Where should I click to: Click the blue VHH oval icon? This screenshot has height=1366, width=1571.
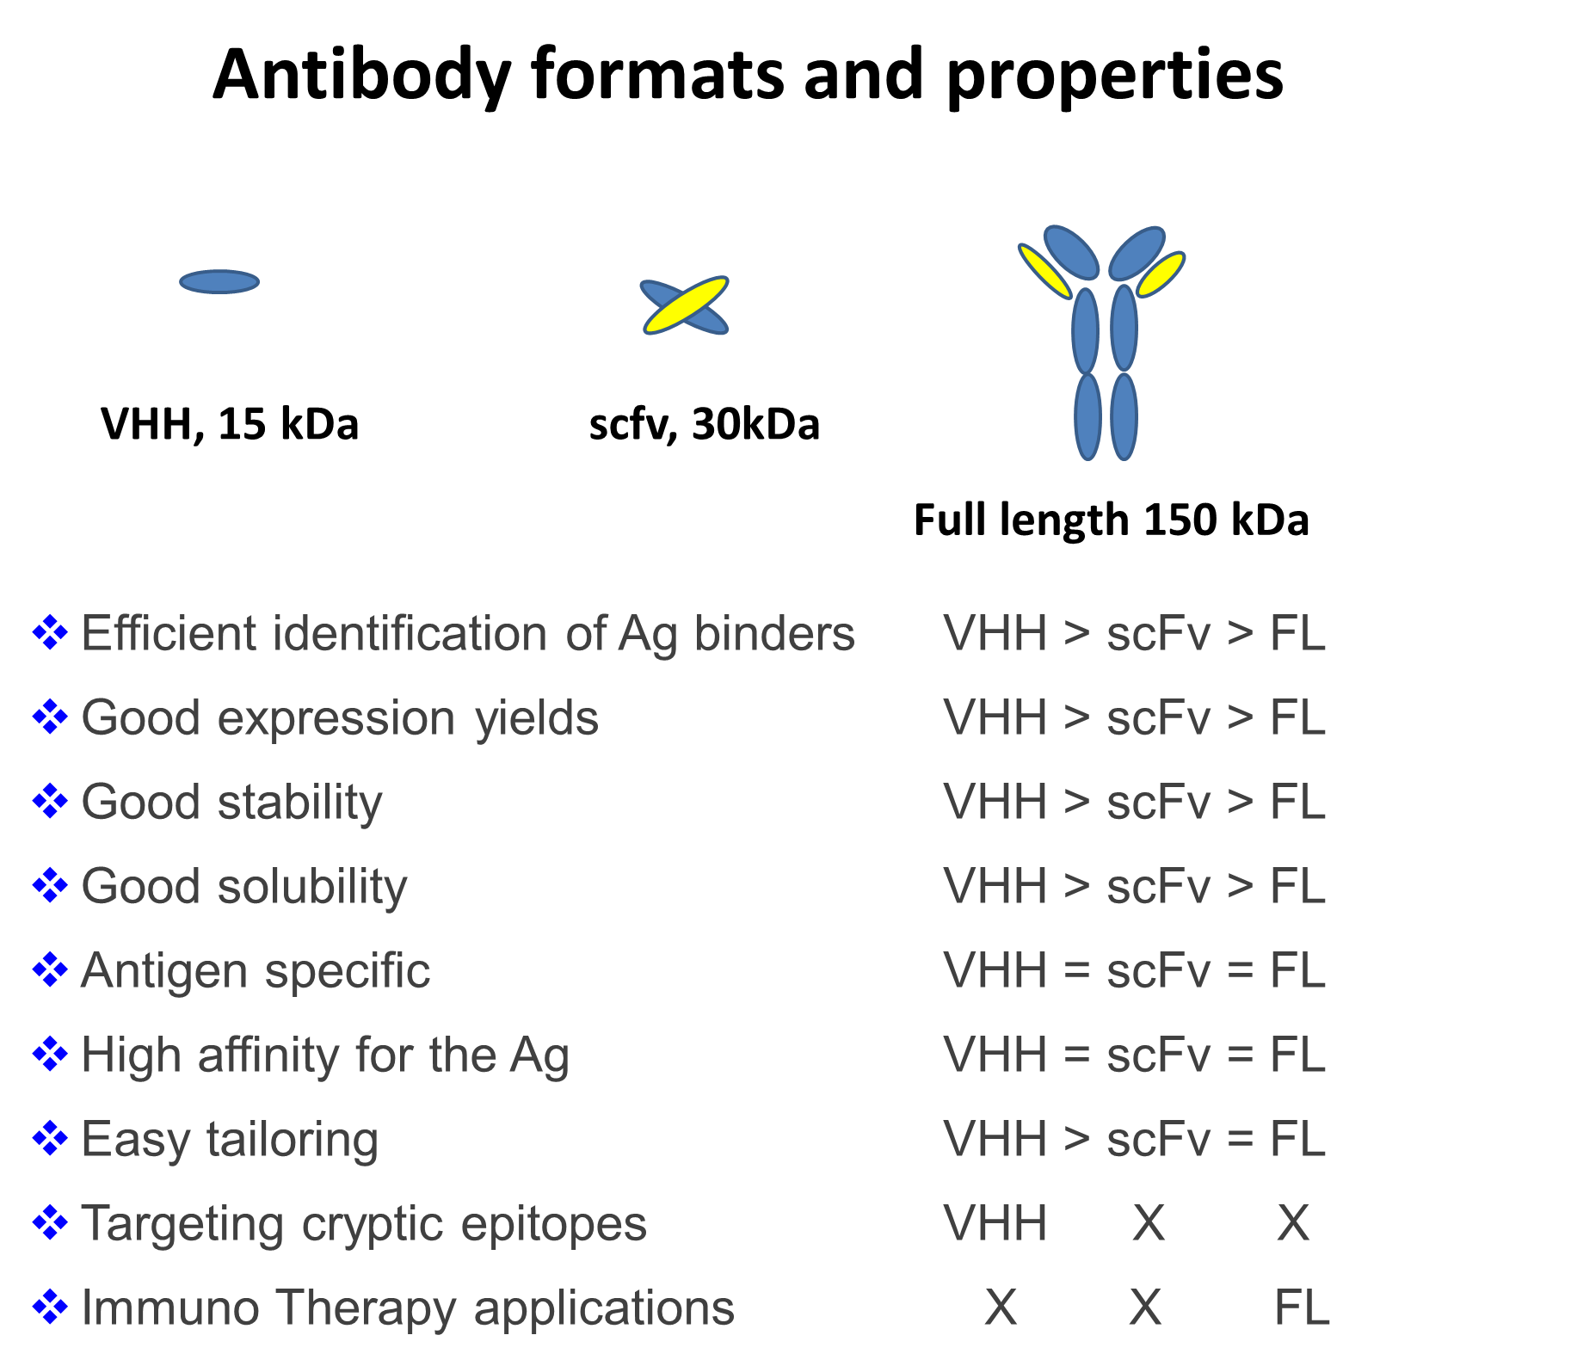click(x=219, y=281)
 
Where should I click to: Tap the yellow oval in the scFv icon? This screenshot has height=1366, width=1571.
click(x=686, y=305)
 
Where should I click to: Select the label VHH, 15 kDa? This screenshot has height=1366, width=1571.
click(x=230, y=424)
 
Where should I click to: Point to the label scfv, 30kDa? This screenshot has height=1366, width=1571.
click(x=704, y=424)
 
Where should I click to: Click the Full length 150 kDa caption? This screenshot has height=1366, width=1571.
click(x=1112, y=520)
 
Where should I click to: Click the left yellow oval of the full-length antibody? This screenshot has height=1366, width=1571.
click(x=1045, y=271)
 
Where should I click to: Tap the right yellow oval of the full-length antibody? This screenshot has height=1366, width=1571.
click(x=1161, y=274)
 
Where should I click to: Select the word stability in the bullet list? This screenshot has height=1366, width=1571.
click(x=300, y=803)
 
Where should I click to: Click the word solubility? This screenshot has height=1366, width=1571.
click(x=312, y=888)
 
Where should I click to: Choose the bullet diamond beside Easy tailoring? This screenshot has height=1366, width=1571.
click(x=50, y=1138)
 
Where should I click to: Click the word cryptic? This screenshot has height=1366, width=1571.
click(x=373, y=1225)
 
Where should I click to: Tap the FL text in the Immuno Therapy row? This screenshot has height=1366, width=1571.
click(x=1302, y=1308)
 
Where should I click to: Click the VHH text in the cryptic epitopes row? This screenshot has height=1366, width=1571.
click(x=995, y=1223)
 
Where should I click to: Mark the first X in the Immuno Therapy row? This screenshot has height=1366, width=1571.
click(x=1001, y=1308)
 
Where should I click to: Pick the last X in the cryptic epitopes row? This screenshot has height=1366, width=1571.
click(x=1293, y=1223)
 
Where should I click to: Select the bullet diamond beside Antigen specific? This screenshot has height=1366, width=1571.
click(x=50, y=969)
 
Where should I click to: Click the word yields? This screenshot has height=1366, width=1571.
click(x=537, y=719)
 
